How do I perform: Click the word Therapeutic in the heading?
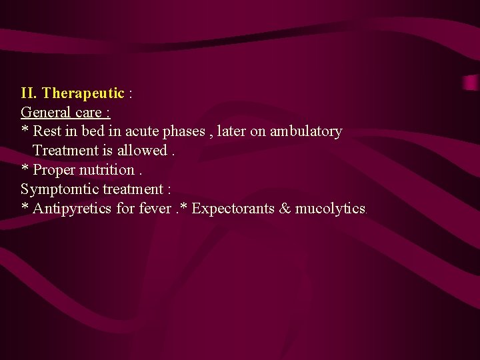pyautogui.click(x=83, y=93)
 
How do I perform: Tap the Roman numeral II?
pyautogui.click(x=29, y=93)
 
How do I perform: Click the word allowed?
pyautogui.click(x=142, y=151)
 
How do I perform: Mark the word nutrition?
pyautogui.click(x=109, y=170)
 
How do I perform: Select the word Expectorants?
pyautogui.click(x=233, y=209)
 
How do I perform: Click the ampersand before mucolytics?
pyautogui.click(x=285, y=209)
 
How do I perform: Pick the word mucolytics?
pyautogui.click(x=330, y=209)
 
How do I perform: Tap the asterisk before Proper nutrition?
pyautogui.click(x=25, y=168)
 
